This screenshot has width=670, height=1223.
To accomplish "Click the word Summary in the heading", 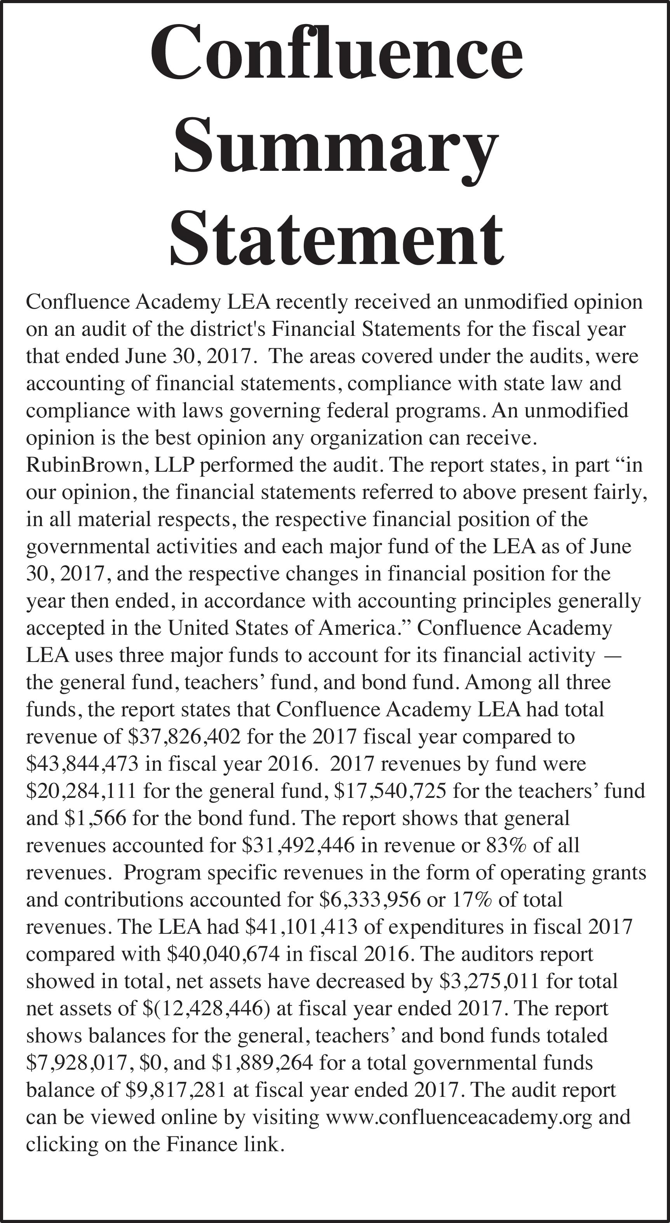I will [336, 151].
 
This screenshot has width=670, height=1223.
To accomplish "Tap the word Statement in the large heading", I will [336, 240].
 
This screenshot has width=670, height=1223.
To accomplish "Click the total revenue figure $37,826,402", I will [184, 737].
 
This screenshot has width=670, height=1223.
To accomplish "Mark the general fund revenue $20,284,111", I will [81, 790].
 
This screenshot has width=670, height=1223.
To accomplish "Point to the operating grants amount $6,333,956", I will [370, 899].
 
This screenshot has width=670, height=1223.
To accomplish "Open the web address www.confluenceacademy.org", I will [459, 1117].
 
